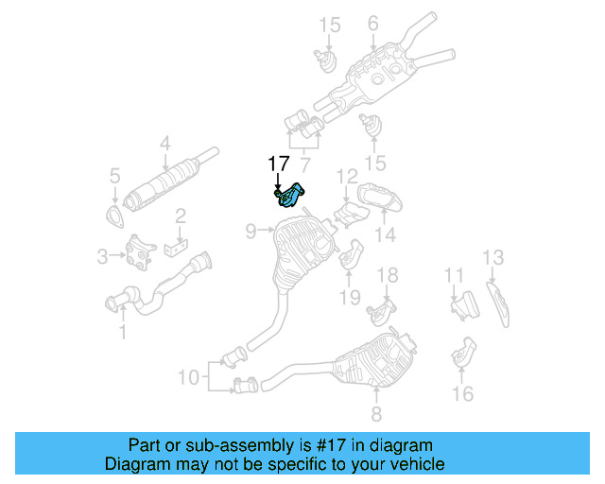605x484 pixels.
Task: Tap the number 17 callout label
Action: [278, 164]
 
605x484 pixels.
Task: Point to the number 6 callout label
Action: [372, 23]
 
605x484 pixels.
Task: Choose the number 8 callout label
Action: [375, 414]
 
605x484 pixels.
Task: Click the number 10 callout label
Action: [189, 378]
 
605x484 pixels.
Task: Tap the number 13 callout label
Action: [493, 257]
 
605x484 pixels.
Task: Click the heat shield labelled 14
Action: [377, 201]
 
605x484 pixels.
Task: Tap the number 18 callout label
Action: [388, 275]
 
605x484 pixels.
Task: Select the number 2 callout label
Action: [179, 216]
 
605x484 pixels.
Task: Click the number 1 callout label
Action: [120, 332]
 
